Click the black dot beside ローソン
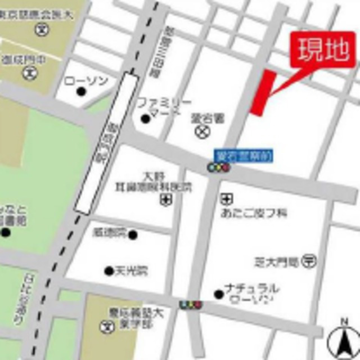click(82, 91)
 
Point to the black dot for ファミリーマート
click(146, 118)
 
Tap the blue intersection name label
click(244, 155)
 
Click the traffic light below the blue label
click(218, 168)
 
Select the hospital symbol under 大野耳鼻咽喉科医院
click(167, 199)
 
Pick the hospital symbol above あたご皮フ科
click(227, 199)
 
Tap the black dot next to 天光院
click(109, 271)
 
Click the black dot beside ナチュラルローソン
click(218, 294)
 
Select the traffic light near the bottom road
click(190, 305)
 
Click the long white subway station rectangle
click(106, 143)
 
